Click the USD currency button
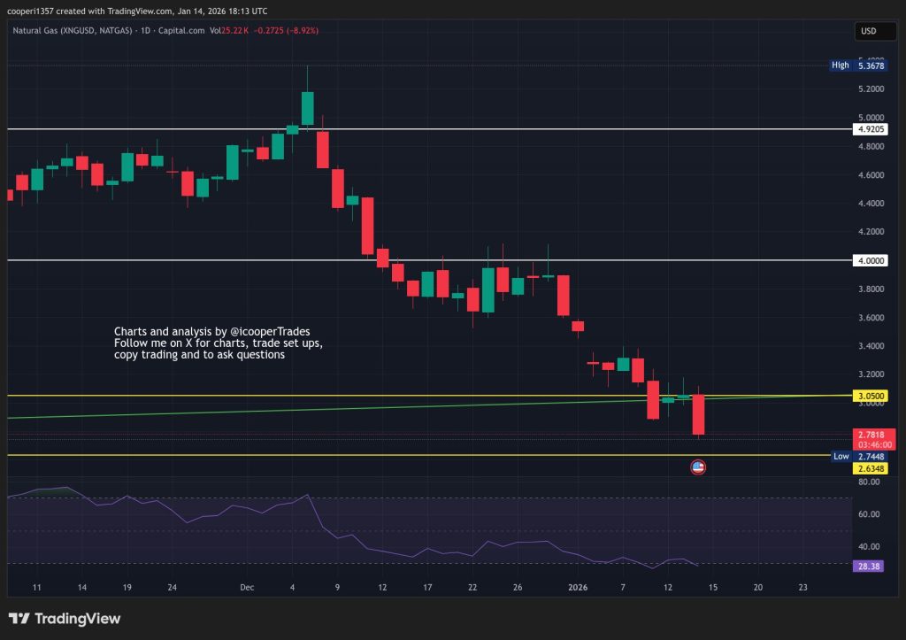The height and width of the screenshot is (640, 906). [868, 32]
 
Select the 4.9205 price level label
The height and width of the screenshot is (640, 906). [871, 129]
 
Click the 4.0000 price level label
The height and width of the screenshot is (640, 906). [871, 261]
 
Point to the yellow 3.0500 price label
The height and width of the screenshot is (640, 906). [871, 396]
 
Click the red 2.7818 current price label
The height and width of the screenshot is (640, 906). [871, 435]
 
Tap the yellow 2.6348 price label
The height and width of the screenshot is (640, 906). [871, 467]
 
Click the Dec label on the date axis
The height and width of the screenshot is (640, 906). [247, 587]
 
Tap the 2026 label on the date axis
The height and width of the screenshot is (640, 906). [578, 587]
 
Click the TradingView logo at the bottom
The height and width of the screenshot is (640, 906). [65, 619]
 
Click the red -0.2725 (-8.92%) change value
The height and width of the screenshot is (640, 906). [285, 31]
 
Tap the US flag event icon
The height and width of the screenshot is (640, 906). [698, 467]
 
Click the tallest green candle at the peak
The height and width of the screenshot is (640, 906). [307, 107]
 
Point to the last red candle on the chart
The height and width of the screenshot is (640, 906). [698, 414]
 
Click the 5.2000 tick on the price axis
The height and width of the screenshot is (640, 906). [871, 89]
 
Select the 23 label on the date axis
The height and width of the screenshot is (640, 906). [803, 587]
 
